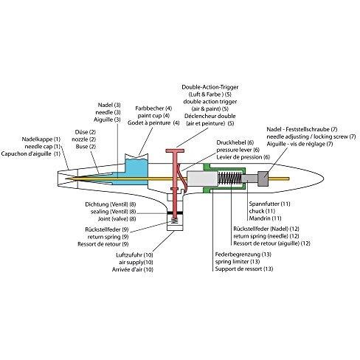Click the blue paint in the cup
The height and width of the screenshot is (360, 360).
[x=136, y=170]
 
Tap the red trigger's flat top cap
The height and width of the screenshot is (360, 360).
[x=175, y=150]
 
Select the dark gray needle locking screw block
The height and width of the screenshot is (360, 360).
[x=263, y=179]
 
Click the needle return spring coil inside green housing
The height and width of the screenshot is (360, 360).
[x=229, y=179]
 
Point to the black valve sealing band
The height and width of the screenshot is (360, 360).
[x=175, y=212]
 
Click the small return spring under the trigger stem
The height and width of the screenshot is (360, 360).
[x=174, y=220]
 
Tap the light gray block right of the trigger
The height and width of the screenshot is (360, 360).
[x=202, y=179]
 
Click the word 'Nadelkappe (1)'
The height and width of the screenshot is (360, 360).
[x=41, y=139]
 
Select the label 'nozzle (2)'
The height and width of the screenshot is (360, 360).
[x=83, y=139]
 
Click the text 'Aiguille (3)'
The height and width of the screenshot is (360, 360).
[x=107, y=120]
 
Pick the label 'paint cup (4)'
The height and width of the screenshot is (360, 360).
[x=153, y=116]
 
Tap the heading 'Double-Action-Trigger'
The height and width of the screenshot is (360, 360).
[x=210, y=87]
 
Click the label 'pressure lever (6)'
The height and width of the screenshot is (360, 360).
[x=238, y=150]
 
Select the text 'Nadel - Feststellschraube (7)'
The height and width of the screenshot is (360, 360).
[x=302, y=129]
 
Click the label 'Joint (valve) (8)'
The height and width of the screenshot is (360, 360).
[x=117, y=218]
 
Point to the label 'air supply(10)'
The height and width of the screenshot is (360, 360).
[x=136, y=262]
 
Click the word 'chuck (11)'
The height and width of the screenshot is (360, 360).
[x=262, y=211]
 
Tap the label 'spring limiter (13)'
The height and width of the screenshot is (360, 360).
[x=238, y=261]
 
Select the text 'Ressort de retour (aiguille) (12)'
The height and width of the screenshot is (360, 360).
[x=271, y=243]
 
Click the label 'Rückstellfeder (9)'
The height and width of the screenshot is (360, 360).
[x=107, y=229]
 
